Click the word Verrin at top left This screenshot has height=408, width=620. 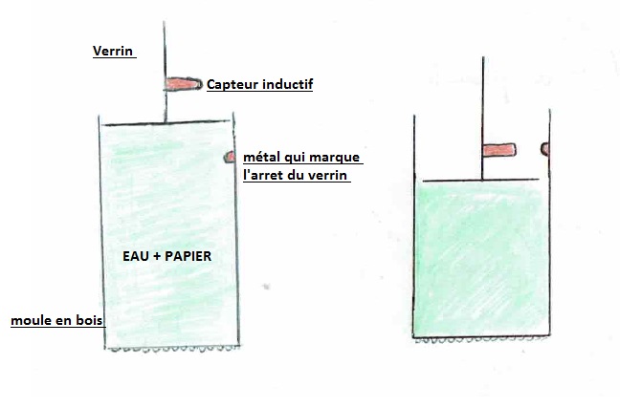pyautogui.click(x=113, y=52)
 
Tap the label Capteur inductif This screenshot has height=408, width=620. pyautogui.click(x=260, y=85)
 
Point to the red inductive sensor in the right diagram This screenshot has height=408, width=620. pyautogui.click(x=498, y=149)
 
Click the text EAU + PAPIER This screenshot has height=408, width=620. pyautogui.click(x=167, y=256)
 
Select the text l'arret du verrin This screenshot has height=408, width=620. pyautogui.click(x=297, y=176)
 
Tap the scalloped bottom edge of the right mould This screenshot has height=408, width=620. pyautogui.click(x=484, y=338)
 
